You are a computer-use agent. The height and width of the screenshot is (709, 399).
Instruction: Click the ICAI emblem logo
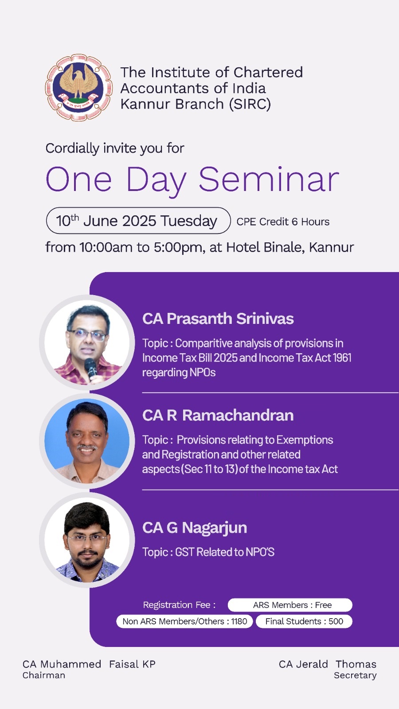[x=79, y=87]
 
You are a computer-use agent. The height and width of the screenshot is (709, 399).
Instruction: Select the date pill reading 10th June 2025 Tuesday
[x=138, y=221]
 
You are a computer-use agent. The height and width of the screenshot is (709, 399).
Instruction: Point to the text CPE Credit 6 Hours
[x=283, y=222]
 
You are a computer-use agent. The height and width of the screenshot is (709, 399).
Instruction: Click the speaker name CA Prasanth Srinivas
[x=218, y=319]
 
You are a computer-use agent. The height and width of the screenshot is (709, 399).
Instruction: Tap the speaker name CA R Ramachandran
[x=218, y=415]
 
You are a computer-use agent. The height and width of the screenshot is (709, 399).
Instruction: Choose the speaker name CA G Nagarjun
[x=195, y=528]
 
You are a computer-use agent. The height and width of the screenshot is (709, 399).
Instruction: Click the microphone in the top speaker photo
[x=91, y=369]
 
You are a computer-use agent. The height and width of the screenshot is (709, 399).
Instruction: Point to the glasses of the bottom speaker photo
[x=87, y=538]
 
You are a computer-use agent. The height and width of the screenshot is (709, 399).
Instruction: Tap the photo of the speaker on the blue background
[x=87, y=441]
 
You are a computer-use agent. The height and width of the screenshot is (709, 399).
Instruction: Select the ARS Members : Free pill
[x=290, y=605]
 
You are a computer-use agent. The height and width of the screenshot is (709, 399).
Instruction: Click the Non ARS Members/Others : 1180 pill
[x=184, y=621]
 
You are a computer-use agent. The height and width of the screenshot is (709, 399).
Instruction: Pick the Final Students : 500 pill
[x=304, y=621]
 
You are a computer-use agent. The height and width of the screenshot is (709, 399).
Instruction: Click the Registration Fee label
[x=179, y=605]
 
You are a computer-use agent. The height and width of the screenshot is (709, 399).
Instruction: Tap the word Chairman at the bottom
[x=44, y=675]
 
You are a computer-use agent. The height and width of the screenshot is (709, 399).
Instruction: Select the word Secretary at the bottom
[x=355, y=675]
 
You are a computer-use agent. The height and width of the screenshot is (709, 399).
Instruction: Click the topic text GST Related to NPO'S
[x=225, y=552]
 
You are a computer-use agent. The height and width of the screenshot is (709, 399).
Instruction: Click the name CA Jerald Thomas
[x=328, y=664]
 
